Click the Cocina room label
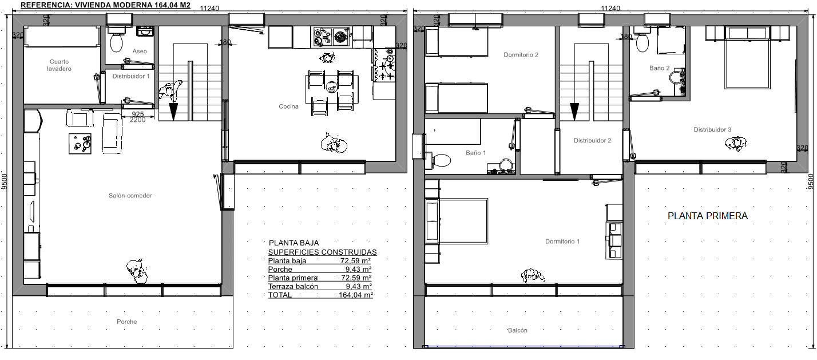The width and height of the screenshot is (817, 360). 288,106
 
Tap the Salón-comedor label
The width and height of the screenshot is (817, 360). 130,196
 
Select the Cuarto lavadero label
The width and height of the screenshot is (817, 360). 59,65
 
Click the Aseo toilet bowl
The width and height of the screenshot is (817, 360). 116,43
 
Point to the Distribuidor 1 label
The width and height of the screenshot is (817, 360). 131,76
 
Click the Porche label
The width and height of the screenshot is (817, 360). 127,322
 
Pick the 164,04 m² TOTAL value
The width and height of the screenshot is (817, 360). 356,295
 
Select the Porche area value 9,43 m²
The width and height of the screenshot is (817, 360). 359,270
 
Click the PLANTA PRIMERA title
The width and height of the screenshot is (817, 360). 708,216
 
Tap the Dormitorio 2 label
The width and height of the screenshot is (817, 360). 521,55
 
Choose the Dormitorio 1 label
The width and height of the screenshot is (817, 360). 562,242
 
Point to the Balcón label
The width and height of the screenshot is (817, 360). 518,330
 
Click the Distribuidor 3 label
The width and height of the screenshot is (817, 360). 712,129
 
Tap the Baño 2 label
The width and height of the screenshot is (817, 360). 660,68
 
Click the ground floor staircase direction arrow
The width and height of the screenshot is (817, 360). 173,112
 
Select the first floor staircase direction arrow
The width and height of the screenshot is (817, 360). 574,112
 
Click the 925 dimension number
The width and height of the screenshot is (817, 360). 138,114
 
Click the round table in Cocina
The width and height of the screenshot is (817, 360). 331,86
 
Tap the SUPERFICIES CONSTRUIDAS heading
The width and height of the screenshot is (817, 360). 323,252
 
